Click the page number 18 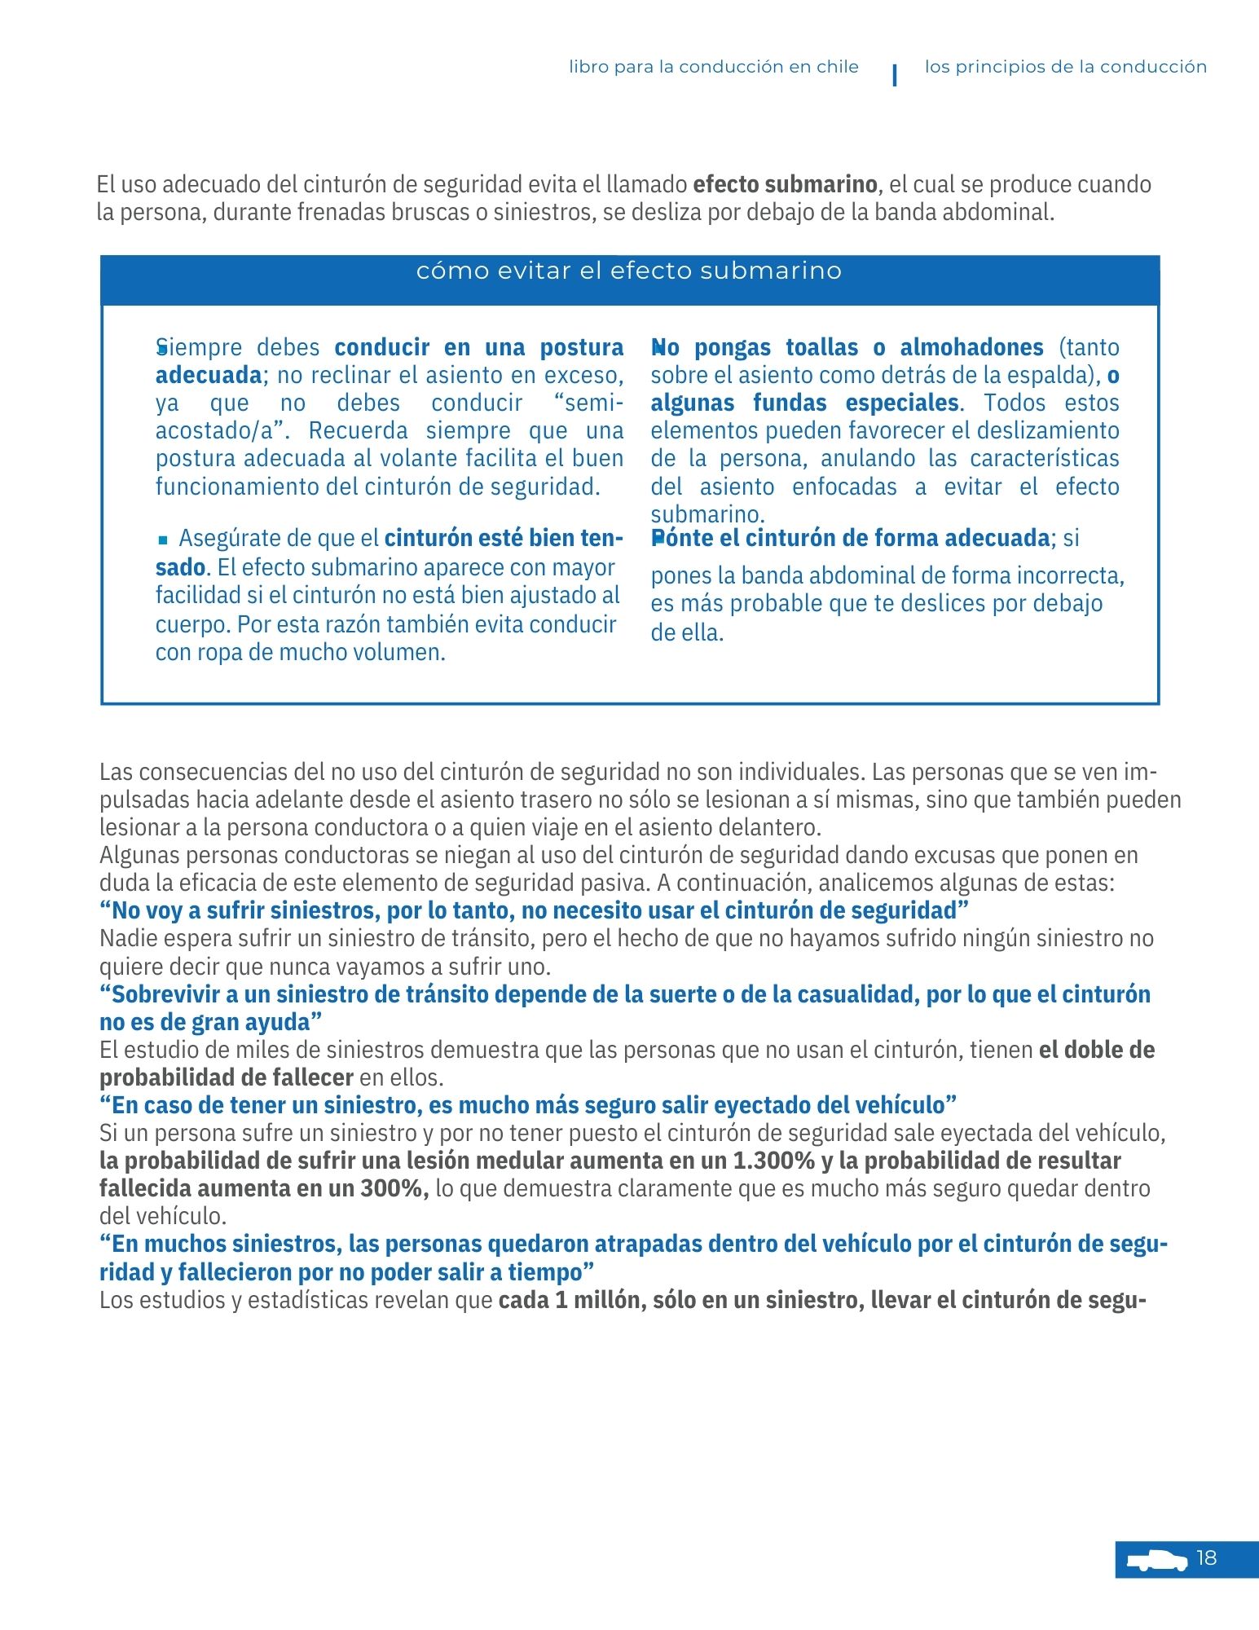point(1206,1558)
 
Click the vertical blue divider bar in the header point(896,75)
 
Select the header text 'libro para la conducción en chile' point(714,67)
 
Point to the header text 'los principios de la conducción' point(1065,67)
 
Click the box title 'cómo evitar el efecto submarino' point(629,271)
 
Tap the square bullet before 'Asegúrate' point(163,540)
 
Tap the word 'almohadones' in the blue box point(971,347)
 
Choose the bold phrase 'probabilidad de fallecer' point(226,1077)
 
